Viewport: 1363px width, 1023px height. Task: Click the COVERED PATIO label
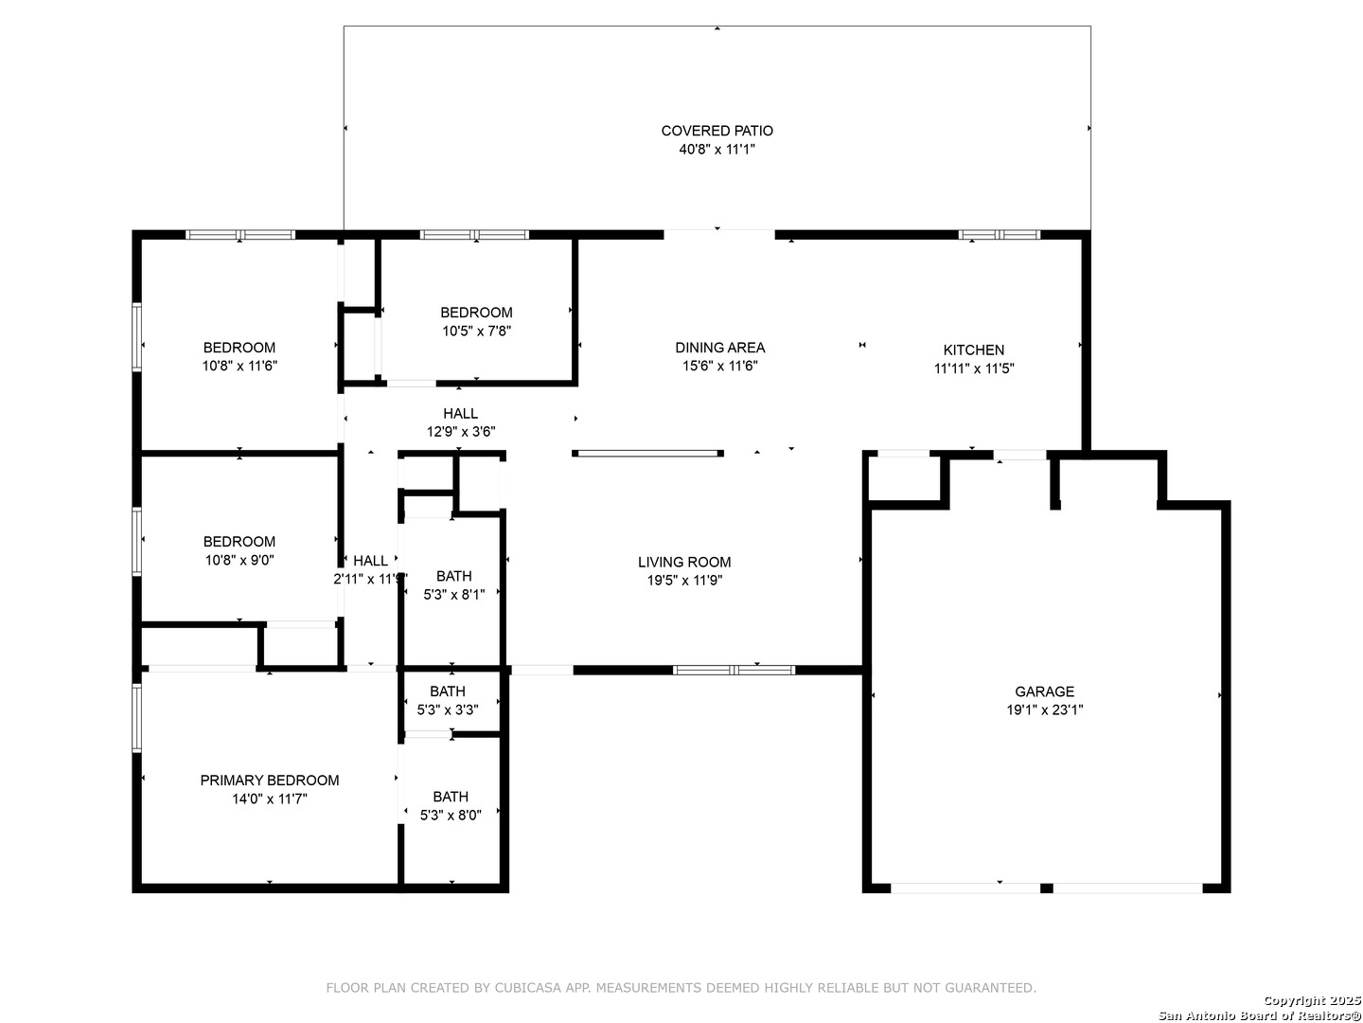click(x=717, y=131)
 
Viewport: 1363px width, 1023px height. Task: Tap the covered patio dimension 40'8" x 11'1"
click(x=717, y=149)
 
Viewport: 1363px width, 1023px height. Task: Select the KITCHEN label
click(x=973, y=350)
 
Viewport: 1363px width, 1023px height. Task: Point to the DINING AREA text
click(x=719, y=348)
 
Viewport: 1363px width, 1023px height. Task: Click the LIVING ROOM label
click(x=684, y=562)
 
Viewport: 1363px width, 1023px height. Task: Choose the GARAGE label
click(x=1044, y=691)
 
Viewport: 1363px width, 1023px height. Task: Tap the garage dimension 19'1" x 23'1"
click(x=1044, y=710)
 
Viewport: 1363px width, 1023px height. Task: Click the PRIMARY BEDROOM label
click(x=270, y=781)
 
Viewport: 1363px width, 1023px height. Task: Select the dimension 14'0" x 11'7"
click(x=270, y=799)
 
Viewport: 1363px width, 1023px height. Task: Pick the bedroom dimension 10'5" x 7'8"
click(x=476, y=332)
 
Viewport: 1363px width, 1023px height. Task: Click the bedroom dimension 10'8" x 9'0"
click(x=239, y=560)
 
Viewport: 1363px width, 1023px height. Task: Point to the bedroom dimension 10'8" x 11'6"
click(x=239, y=366)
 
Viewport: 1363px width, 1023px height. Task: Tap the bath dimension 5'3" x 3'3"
click(x=447, y=710)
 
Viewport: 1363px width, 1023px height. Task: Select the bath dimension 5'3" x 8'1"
click(x=454, y=595)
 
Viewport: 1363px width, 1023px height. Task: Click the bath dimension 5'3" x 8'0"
click(x=451, y=815)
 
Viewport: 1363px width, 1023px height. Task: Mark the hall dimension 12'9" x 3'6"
click(x=461, y=432)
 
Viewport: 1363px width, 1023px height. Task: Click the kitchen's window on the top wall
click(x=1000, y=235)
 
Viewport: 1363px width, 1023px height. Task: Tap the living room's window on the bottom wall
click(x=734, y=671)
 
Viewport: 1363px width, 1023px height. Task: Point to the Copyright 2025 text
click(x=1312, y=1000)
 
